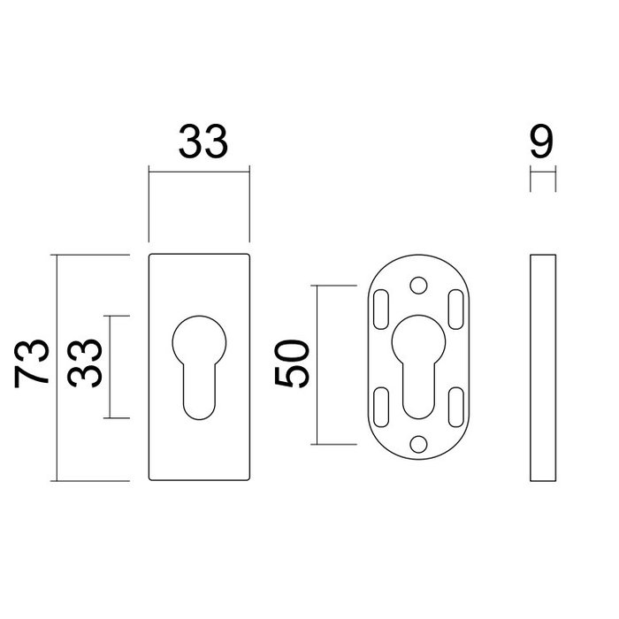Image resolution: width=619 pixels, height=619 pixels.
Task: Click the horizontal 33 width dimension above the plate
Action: (x=203, y=141)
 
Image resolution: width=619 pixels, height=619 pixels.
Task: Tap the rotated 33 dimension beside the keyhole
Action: (x=84, y=364)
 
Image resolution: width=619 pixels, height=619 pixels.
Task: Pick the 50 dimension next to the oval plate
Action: (x=293, y=363)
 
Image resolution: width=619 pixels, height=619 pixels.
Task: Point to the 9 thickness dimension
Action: (x=543, y=141)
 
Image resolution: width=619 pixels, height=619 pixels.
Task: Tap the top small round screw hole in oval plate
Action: (x=418, y=285)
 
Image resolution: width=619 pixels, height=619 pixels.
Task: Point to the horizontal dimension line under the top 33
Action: (x=200, y=171)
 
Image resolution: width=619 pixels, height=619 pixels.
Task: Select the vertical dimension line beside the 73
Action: (x=57, y=367)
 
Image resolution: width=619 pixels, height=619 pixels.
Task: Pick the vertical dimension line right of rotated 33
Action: (x=110, y=366)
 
